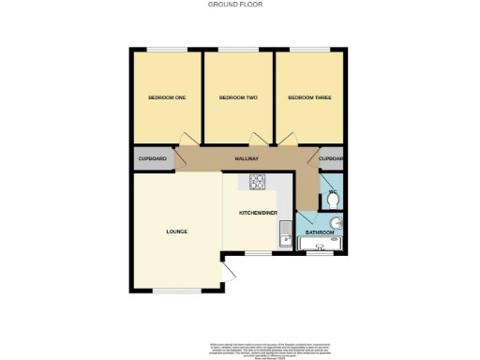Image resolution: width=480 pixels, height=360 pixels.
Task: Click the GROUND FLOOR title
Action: pos(235,5)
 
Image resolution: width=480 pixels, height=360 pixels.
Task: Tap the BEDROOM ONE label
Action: pos(167,97)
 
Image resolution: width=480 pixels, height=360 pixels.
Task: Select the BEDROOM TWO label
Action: pos(238,97)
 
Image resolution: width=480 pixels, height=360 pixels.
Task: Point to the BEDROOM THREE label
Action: pos(308,97)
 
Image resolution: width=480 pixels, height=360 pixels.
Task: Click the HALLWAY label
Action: pos(246,159)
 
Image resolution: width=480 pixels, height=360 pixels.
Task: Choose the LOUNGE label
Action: pos(177,231)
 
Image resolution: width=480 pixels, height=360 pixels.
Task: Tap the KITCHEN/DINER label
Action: pos(258,214)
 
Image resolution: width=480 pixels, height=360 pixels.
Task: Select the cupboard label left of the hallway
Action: pos(153,159)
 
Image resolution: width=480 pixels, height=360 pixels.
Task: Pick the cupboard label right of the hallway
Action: pos(331,159)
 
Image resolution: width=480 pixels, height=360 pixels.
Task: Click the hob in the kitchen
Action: pos(258,182)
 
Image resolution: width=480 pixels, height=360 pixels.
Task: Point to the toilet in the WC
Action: pos(333,199)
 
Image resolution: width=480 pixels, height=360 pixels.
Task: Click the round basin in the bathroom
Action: pos(337,222)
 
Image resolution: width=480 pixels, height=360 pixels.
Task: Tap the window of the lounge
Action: pos(177,291)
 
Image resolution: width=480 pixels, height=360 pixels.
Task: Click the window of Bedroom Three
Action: pos(308,49)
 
